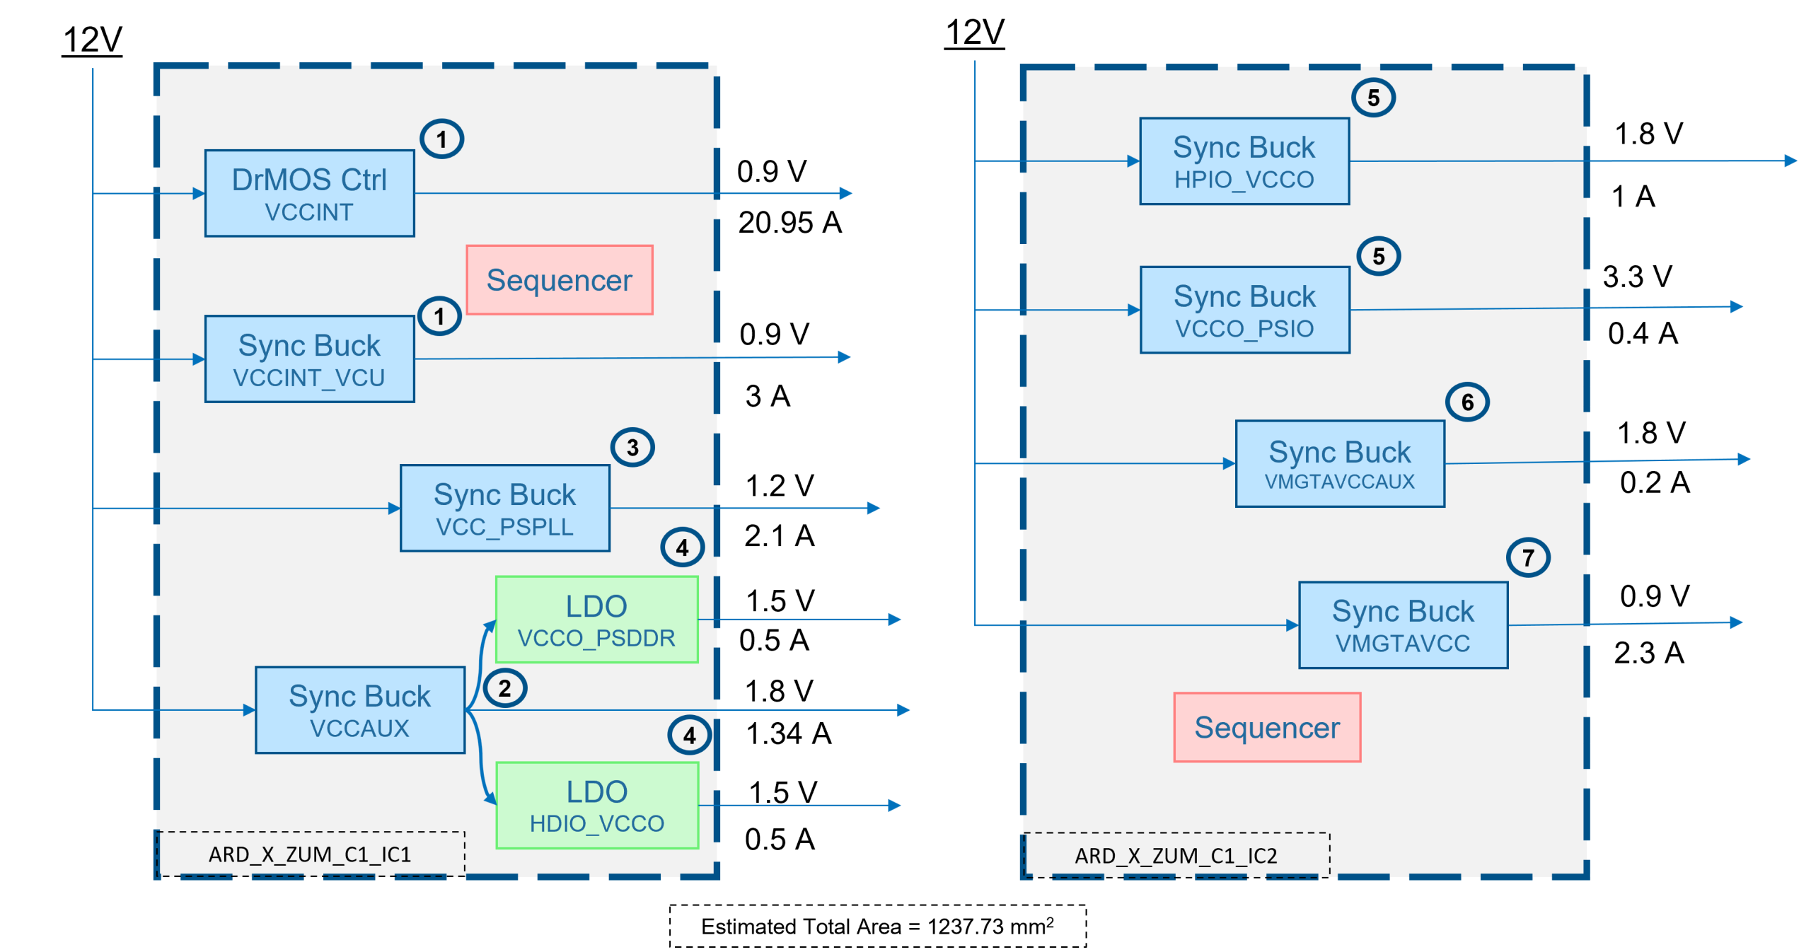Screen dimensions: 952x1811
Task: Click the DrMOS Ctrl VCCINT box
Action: (310, 193)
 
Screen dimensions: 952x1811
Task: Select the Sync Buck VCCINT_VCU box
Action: (310, 359)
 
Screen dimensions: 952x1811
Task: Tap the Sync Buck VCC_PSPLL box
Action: (505, 508)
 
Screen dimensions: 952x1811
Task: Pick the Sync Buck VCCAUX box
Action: (360, 710)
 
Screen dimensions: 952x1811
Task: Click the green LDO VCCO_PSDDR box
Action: (597, 620)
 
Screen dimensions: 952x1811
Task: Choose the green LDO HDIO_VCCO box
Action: (597, 806)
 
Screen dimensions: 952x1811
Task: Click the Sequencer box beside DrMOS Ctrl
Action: (560, 280)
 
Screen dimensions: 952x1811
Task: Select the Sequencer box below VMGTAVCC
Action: (1267, 727)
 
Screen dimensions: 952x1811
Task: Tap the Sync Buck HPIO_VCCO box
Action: (1244, 161)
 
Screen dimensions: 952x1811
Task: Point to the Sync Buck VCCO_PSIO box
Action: (1245, 310)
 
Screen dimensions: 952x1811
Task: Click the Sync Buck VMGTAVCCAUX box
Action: (1340, 464)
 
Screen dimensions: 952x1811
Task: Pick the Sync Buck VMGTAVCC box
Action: (1403, 625)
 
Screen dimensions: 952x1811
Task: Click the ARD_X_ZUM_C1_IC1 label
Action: (310, 854)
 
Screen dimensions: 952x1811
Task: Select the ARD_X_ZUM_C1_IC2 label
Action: (1176, 856)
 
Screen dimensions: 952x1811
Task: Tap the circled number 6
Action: (1467, 402)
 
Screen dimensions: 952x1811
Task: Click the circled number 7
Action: (1528, 558)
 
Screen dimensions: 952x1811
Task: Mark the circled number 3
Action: (632, 448)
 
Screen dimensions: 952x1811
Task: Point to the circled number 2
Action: (504, 688)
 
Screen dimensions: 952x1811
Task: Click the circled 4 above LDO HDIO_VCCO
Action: (689, 736)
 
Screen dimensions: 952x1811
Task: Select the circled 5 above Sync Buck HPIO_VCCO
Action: (1373, 98)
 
